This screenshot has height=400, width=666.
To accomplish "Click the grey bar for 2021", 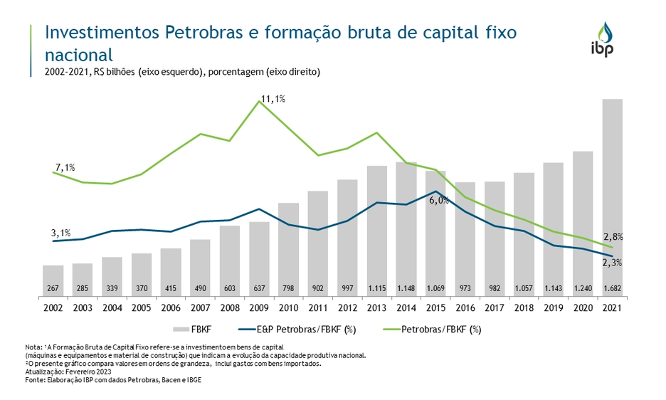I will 612,192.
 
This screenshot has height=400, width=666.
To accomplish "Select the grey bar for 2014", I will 406,228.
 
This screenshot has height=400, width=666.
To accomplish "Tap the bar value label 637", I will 259,288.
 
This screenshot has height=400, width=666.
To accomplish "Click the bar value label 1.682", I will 612,288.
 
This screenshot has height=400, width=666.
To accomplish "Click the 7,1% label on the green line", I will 65,167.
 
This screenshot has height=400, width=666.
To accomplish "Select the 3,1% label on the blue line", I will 61,233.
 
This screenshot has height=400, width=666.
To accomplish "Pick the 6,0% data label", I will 439,201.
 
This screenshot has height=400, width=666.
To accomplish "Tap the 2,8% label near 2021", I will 613,236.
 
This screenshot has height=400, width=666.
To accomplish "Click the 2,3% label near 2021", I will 613,263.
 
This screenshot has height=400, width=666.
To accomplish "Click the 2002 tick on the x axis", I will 53,307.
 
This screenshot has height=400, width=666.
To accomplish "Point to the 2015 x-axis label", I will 435,307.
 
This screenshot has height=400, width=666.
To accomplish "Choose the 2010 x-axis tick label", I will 288,307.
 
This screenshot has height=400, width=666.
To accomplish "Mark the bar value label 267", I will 53,288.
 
